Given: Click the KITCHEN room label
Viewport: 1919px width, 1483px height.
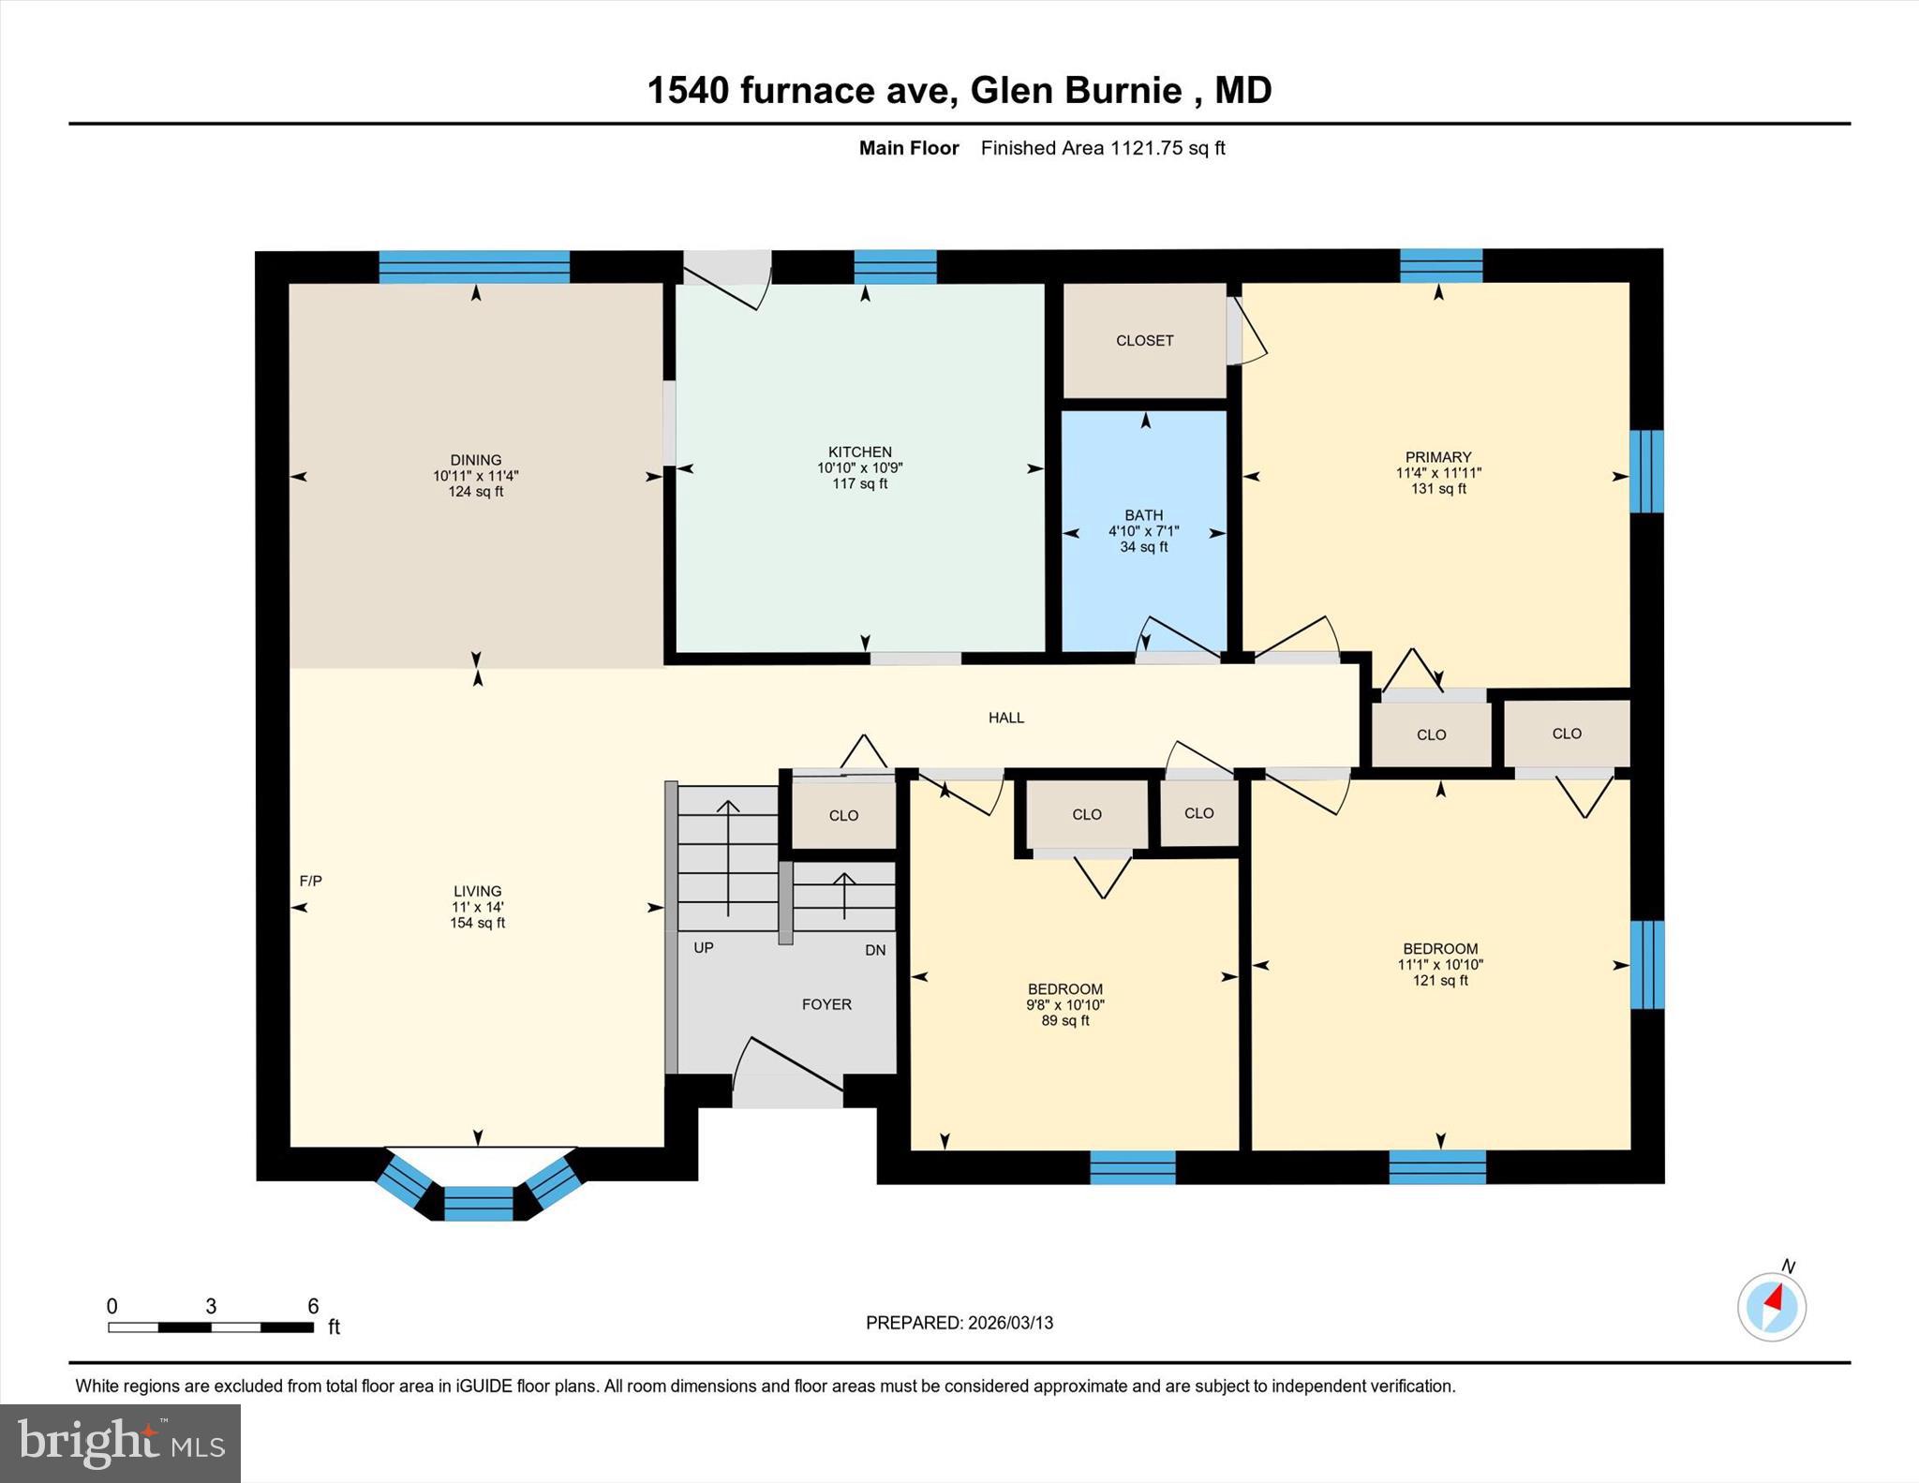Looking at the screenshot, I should click(859, 452).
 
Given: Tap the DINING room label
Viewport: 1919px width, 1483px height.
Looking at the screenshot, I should click(476, 460).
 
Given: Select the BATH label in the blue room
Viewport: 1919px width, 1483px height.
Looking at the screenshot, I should click(1143, 515).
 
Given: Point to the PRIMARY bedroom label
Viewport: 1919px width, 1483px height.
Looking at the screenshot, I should click(1438, 457).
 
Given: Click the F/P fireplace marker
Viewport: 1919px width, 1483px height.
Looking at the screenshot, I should click(310, 881).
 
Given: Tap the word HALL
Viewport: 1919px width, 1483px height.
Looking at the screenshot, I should click(1006, 718).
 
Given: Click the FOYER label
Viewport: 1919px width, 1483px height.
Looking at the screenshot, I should click(826, 1004).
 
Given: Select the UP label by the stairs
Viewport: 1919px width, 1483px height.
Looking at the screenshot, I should click(704, 948).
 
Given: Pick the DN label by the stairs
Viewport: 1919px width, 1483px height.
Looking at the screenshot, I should click(875, 950).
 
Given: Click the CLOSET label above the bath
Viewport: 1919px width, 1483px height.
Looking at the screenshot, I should click(1144, 341).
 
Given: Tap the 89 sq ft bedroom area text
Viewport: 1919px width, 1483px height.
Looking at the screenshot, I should click(1065, 1021).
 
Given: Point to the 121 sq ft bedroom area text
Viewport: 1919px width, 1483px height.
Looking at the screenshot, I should click(1440, 981).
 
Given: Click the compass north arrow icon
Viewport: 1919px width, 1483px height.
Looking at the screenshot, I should click(1772, 1305).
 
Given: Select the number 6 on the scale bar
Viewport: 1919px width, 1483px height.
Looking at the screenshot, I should click(313, 1306).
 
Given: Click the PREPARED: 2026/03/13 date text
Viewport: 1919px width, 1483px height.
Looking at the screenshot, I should click(959, 1323).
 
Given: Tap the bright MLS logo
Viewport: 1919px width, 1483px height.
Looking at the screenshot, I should click(120, 1443).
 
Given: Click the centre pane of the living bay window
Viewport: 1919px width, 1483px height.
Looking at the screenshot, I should click(479, 1203).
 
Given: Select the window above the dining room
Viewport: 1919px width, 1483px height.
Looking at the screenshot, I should click(474, 266).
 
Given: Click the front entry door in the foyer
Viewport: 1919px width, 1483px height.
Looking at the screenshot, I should click(787, 1068).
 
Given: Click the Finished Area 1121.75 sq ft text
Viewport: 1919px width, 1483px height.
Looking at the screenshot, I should click(1103, 148).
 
